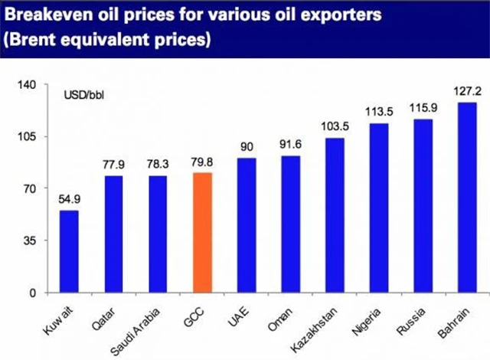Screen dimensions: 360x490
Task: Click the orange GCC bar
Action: (202, 233)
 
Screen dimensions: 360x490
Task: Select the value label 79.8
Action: (202, 162)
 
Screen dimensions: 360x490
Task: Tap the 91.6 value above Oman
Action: (291, 146)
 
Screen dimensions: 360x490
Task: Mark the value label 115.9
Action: (423, 109)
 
